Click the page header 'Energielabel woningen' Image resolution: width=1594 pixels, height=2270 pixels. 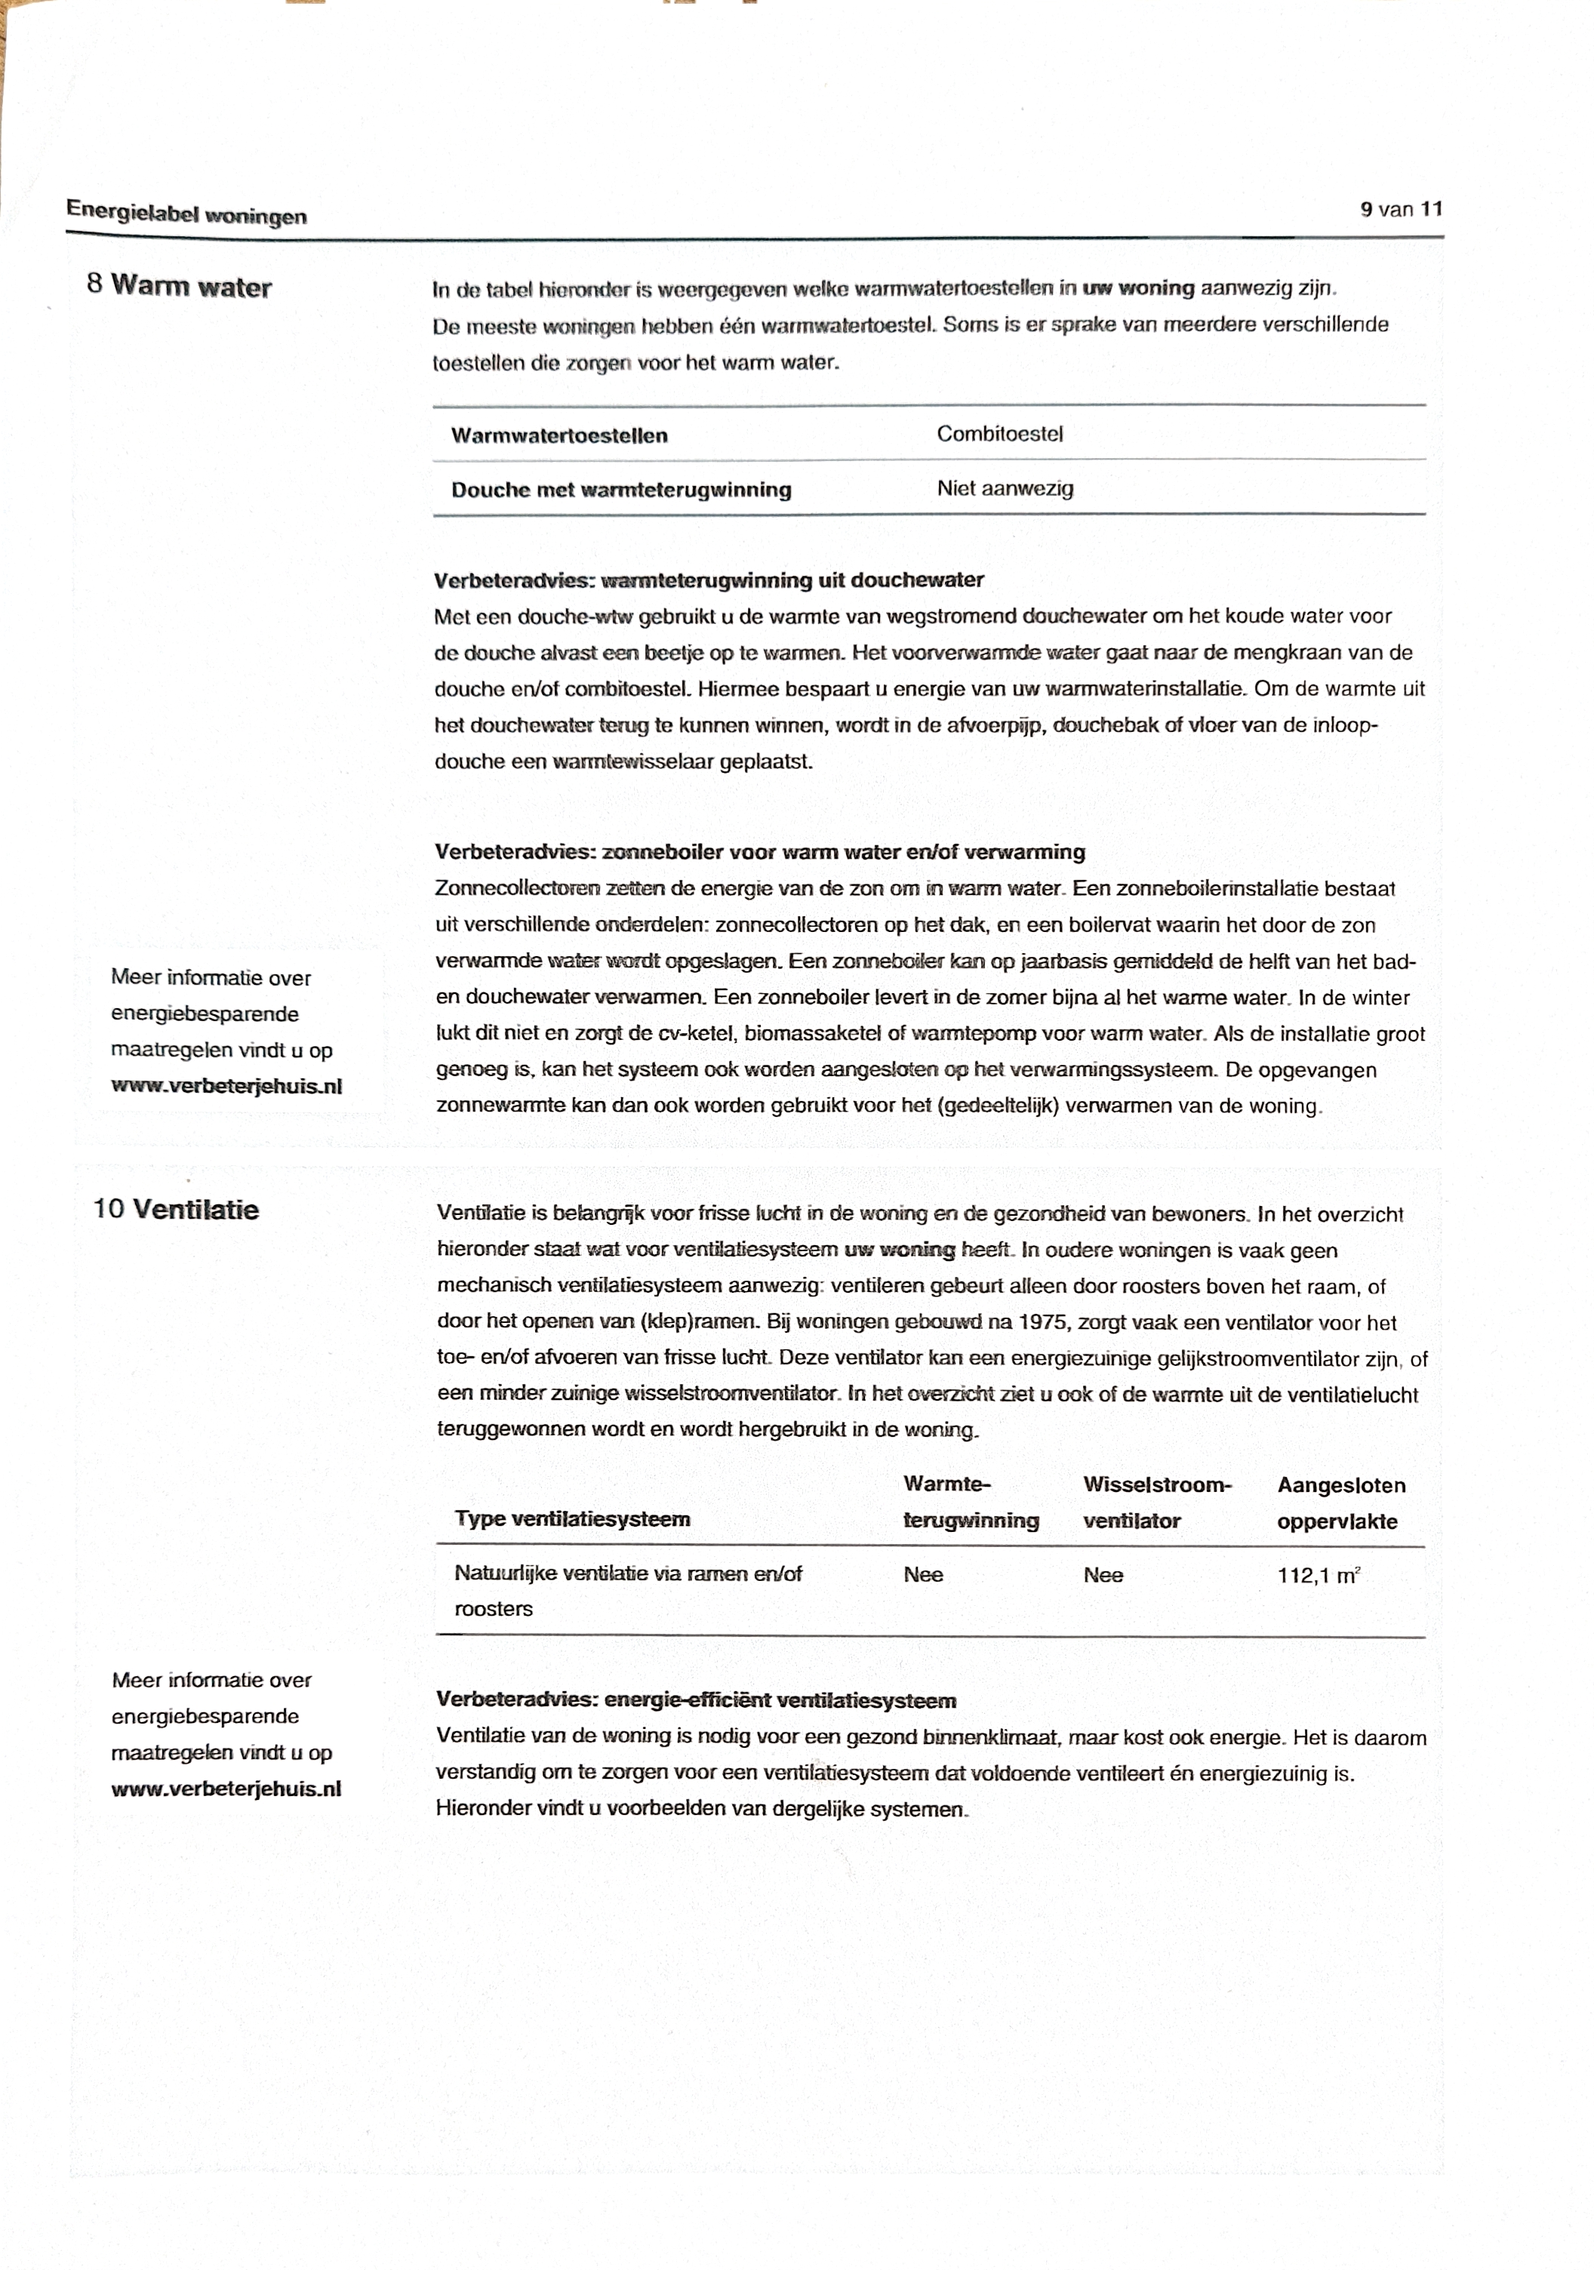point(186,214)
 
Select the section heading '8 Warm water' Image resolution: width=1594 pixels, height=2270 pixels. point(179,287)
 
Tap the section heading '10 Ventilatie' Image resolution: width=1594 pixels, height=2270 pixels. point(176,1210)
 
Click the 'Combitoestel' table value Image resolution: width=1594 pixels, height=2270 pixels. point(1000,434)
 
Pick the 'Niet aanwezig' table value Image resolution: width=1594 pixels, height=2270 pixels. point(1005,488)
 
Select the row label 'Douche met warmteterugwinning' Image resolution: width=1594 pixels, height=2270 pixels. point(621,491)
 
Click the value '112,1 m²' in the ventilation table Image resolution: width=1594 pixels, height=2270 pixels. point(1318,1576)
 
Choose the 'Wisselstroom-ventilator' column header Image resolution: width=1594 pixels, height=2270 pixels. point(1156,1503)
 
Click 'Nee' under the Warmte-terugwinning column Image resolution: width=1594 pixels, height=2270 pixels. point(922,1575)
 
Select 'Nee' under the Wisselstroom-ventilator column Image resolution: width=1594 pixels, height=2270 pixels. point(1103,1576)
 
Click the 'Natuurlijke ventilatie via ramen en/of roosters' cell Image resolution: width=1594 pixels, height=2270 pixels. point(627,1591)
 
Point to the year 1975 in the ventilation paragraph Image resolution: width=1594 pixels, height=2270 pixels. point(1043,1323)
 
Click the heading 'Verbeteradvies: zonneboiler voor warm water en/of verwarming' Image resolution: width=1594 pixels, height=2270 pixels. point(759,852)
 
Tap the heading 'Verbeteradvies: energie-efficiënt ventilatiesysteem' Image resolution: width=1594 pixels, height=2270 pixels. point(696,1700)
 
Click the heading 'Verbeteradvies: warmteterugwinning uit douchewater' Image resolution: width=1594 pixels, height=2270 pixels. point(709,580)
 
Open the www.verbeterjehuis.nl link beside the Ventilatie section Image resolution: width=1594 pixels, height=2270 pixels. point(226,1789)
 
